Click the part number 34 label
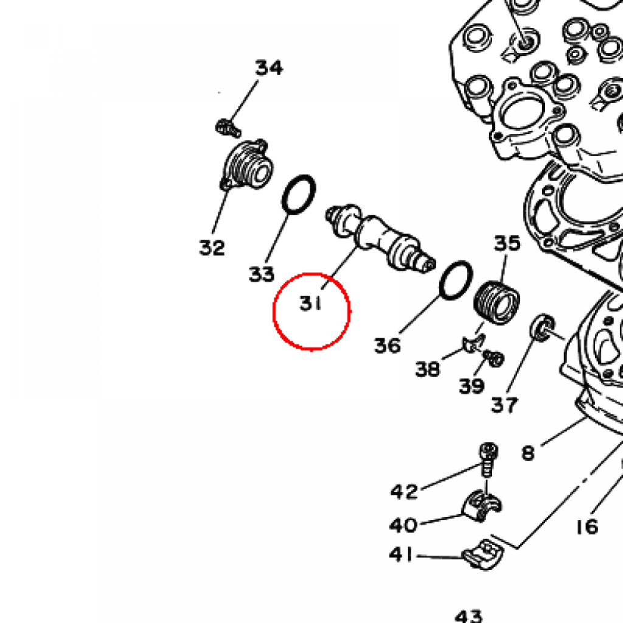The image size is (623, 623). pos(269,68)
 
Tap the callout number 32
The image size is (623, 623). pos(212,248)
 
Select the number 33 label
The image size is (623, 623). pos(262,274)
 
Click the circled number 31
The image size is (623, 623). pos(310,304)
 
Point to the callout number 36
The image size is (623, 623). pos(388,346)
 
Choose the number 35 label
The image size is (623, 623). pos(507,243)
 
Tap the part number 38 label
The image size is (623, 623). pos(428,369)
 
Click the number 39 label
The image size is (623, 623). pos(472,386)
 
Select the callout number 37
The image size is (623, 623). pos(504,405)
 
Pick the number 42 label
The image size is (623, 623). pos(404,492)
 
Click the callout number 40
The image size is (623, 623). pos(403,525)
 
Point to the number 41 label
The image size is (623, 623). pos(401,554)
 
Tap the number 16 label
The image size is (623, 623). pos(587,527)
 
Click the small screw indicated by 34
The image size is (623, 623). pos(228,128)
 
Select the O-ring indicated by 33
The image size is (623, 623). pos(299,194)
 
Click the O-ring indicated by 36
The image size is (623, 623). pos(456,280)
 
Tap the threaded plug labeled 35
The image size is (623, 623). pos(496,302)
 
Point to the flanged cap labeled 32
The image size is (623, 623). pos(247,165)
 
